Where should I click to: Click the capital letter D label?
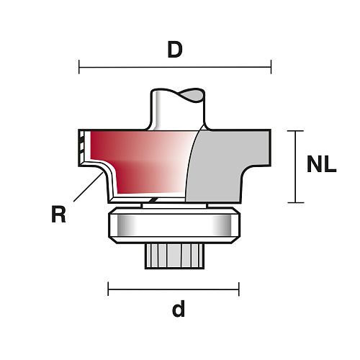[x=175, y=50]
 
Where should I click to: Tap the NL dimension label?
[x=322, y=164]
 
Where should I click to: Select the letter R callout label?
[x=58, y=215]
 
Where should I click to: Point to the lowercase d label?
[x=179, y=308]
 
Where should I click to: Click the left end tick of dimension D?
[x=79, y=67]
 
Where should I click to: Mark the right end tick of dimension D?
[x=271, y=67]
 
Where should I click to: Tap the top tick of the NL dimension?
[x=295, y=131]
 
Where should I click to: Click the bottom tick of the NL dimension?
[x=295, y=202]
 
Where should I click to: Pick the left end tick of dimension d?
[x=108, y=289]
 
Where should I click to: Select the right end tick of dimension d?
[x=239, y=289]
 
